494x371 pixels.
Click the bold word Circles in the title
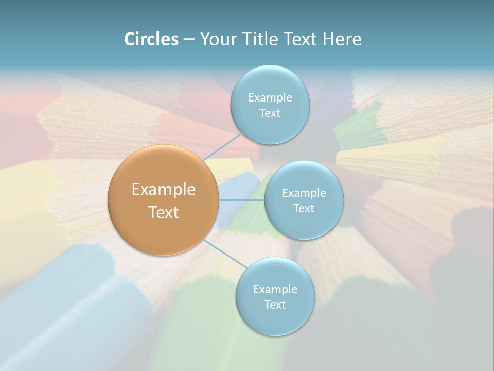click(151, 39)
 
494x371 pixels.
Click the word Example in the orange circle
click(164, 190)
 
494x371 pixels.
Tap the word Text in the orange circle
click(164, 212)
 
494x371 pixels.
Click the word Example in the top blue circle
click(270, 98)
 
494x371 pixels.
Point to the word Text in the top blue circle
click(270, 113)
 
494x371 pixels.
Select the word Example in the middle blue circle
click(304, 193)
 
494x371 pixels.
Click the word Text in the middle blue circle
click(304, 209)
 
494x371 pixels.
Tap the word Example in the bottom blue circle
click(275, 290)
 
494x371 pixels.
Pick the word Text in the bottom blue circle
click(275, 305)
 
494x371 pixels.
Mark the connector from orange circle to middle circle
click(241, 200)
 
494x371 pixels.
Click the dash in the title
click(189, 39)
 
